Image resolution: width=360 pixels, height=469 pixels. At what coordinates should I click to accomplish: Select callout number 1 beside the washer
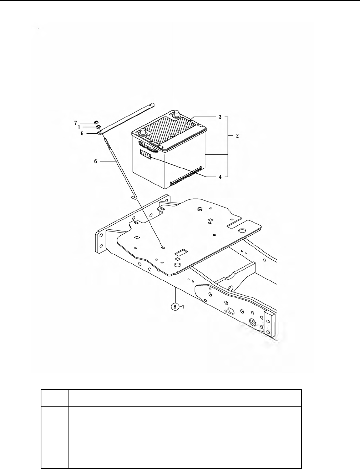pyautogui.click(x=79, y=127)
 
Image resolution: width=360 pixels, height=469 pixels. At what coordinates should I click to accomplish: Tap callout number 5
pyautogui.click(x=82, y=134)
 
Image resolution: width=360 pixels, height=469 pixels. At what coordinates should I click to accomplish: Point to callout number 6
pyautogui.click(x=95, y=161)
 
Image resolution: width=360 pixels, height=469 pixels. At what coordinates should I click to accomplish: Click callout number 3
pyautogui.click(x=220, y=117)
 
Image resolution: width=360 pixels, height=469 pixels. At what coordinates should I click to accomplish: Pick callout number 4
pyautogui.click(x=220, y=176)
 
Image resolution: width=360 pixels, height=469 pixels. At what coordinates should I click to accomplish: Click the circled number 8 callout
pyautogui.click(x=175, y=306)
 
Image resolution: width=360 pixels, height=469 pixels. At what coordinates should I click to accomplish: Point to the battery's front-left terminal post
pyautogui.click(x=143, y=132)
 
